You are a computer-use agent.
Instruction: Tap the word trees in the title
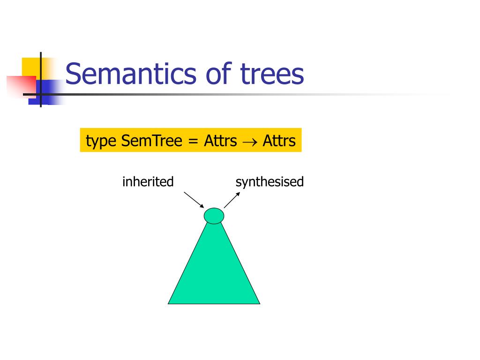coord(272,74)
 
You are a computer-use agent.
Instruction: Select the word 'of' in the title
coord(218,74)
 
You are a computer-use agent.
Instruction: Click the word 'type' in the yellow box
coord(101,141)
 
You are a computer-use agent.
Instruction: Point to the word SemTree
coord(151,140)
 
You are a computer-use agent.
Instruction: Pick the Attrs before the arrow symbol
coord(220,140)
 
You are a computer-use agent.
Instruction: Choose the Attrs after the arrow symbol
coord(279,140)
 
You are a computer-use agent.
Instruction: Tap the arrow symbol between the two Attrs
coord(250,141)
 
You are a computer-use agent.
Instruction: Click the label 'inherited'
coord(148,181)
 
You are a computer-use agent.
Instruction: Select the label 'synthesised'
coord(270,181)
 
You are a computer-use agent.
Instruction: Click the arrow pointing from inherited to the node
coord(194,199)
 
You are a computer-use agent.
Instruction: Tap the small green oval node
coord(214,216)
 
